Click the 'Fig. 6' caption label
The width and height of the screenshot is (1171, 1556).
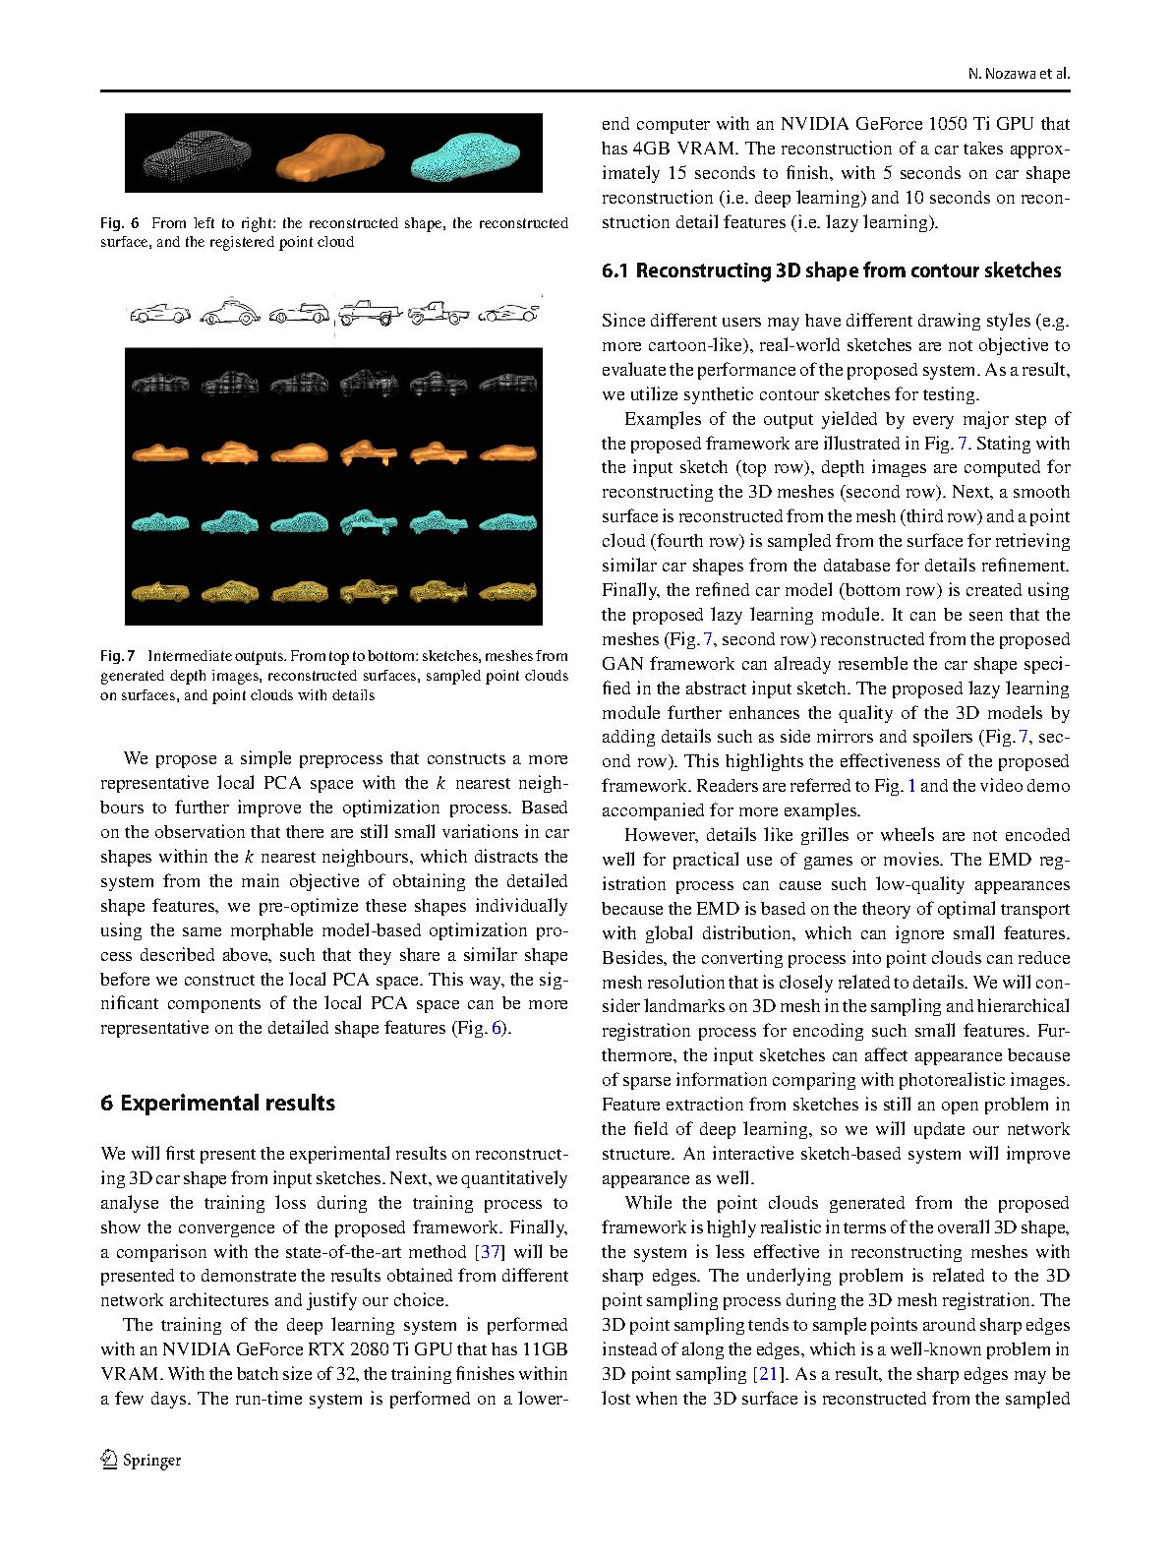(119, 223)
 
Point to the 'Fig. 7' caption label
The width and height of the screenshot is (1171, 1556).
(118, 656)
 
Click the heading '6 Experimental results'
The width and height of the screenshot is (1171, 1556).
(217, 1104)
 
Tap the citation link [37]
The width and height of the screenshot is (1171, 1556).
(490, 1252)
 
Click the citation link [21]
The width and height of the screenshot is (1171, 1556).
(769, 1374)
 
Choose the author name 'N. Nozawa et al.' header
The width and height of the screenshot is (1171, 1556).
(1019, 74)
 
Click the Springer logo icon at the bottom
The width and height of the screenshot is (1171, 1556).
(109, 1460)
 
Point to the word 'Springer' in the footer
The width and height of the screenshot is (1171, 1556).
(152, 1461)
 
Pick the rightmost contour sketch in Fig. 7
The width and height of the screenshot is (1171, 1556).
(508, 313)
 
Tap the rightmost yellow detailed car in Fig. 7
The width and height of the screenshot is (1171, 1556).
(508, 592)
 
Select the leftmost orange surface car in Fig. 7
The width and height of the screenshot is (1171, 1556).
(159, 453)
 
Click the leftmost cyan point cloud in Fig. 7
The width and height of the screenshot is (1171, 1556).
(159, 522)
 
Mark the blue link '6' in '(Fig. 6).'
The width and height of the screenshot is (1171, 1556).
(498, 1029)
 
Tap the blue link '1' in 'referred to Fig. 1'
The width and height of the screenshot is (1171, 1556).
(911, 786)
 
